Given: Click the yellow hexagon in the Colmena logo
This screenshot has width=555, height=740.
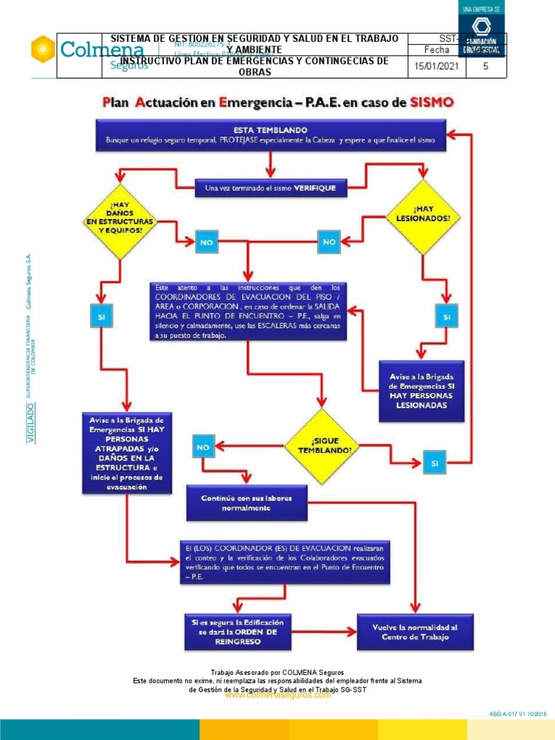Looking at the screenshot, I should pyautogui.click(x=43, y=49).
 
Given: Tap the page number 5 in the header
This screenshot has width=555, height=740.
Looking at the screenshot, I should pyautogui.click(x=486, y=66).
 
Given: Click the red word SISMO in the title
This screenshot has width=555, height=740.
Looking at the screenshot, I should pyautogui.click(x=431, y=102).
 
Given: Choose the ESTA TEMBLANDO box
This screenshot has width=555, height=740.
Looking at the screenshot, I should pyautogui.click(x=271, y=136).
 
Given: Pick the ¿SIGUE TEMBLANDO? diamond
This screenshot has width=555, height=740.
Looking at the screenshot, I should pyautogui.click(x=322, y=445).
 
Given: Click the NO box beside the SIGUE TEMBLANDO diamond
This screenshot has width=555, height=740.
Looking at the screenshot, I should pyautogui.click(x=203, y=448).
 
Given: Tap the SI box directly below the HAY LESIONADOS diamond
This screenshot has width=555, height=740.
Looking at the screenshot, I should pyautogui.click(x=446, y=317).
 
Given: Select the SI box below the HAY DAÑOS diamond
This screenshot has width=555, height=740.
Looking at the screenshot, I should pyautogui.click(x=101, y=317).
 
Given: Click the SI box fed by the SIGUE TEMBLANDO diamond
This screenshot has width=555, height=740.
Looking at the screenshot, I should pyautogui.click(x=434, y=463).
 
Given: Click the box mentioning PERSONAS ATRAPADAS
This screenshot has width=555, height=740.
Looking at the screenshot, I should pyautogui.click(x=127, y=452).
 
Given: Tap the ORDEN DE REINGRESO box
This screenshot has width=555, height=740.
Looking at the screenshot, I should pyautogui.click(x=237, y=632).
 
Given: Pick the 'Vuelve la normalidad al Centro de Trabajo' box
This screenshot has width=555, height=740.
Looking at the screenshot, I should pyautogui.click(x=415, y=632).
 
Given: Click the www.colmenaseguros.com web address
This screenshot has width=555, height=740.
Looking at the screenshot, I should pyautogui.click(x=278, y=695).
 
